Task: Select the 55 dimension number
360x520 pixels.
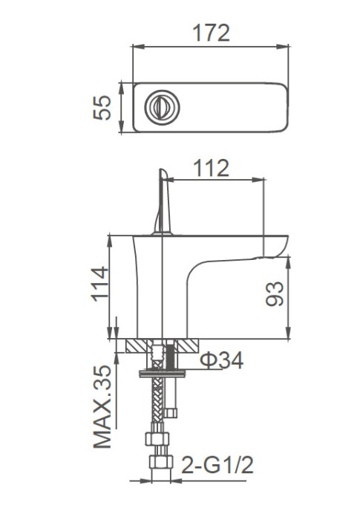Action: (105, 107)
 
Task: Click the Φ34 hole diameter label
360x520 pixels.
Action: (221, 362)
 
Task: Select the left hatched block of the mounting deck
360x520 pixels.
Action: (138, 346)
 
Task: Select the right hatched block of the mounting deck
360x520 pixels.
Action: (186, 346)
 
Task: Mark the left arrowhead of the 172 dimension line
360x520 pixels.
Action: (135, 47)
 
